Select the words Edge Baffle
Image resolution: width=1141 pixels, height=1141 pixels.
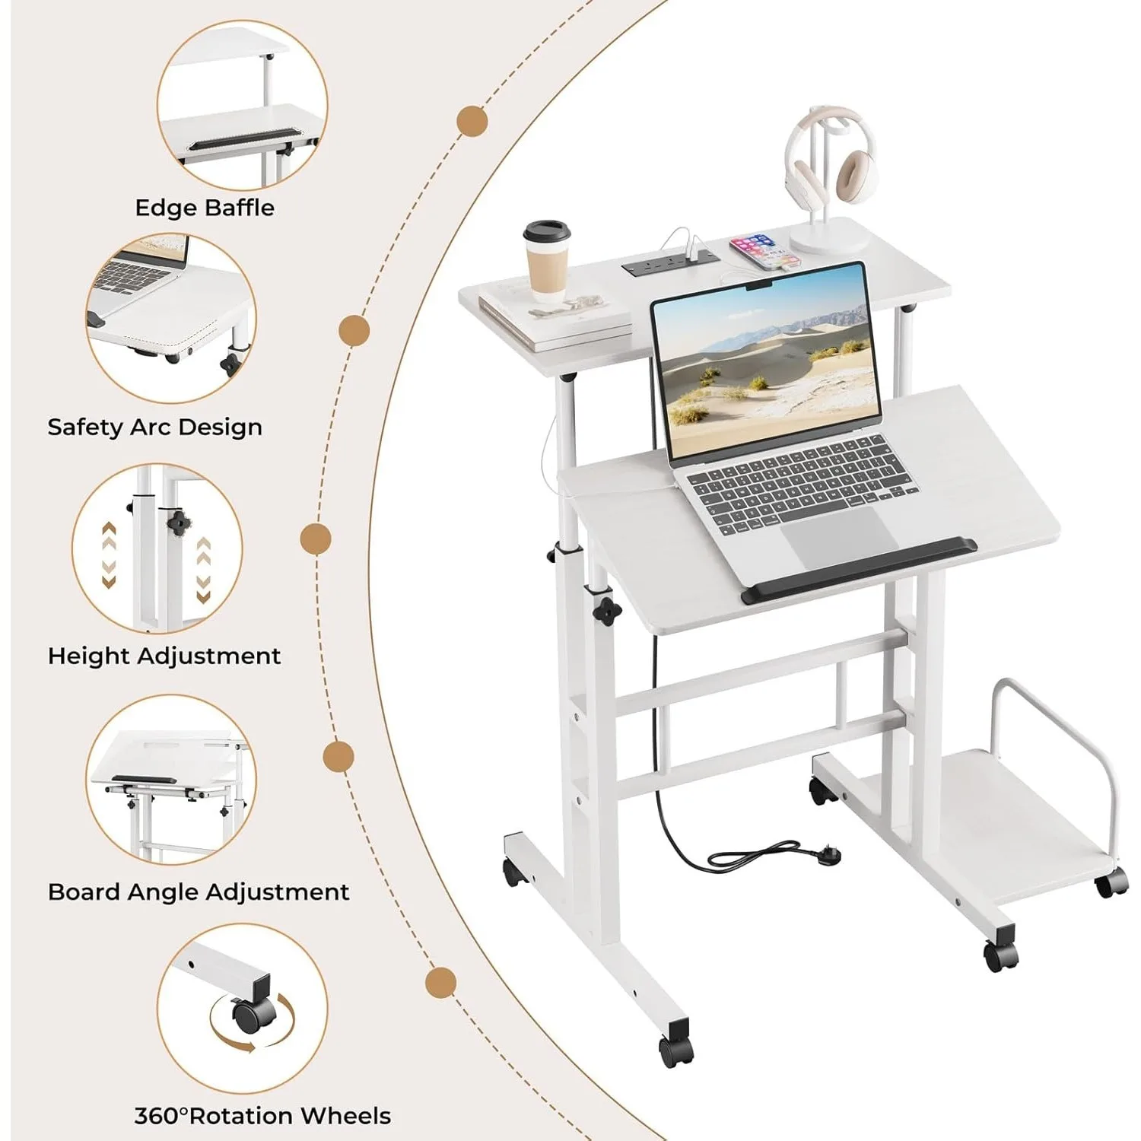[x=205, y=208]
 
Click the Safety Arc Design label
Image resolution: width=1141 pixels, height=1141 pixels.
[x=154, y=427]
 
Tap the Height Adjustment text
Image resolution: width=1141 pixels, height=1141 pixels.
[x=164, y=656]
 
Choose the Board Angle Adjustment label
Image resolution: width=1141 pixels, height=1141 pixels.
[x=199, y=892]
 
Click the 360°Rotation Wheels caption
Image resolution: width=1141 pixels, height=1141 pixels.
[x=262, y=1116]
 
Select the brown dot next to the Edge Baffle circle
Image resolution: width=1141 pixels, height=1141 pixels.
[x=472, y=121]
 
